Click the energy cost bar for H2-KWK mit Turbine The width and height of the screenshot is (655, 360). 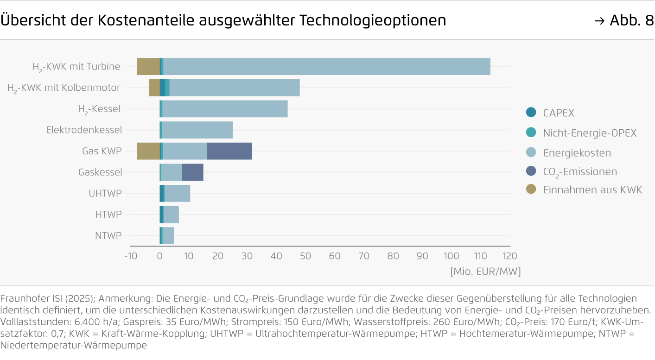pos(327,67)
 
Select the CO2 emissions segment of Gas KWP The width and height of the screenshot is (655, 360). pos(229,151)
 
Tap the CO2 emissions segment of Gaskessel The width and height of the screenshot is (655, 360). pos(193,172)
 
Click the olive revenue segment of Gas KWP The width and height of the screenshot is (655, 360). pos(148,151)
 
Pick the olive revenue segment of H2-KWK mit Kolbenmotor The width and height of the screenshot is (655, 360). pos(154,88)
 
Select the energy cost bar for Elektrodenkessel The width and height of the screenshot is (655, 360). pos(197,130)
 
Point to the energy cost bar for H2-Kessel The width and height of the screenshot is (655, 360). pos(225,109)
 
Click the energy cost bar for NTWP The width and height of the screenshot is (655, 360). pos(168,236)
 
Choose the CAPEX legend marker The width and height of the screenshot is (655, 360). pos(531,112)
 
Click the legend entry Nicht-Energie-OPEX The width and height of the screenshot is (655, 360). pos(590,133)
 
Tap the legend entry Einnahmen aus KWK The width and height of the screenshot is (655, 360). pos(592,189)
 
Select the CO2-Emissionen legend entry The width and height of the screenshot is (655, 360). pos(580,172)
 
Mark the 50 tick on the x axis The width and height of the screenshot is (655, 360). pos(305,256)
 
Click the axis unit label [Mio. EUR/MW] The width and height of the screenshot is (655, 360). pos(485,272)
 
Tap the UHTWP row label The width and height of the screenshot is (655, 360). pos(105,193)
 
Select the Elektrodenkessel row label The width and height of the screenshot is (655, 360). pos(84,130)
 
